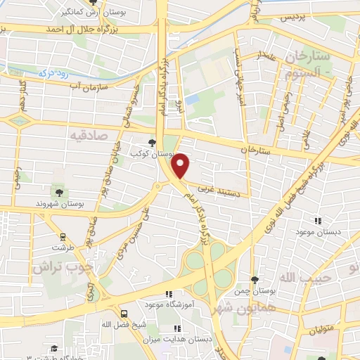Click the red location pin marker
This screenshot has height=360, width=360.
coord(181,165)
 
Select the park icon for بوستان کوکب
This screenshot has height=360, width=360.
coord(152,143)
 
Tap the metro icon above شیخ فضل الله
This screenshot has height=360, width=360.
coord(124,314)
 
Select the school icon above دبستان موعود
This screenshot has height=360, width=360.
coord(319,220)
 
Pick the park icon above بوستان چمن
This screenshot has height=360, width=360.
coord(255,280)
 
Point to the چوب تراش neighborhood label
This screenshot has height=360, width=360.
coord(63,268)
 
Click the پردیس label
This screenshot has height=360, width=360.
coord(295,17)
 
